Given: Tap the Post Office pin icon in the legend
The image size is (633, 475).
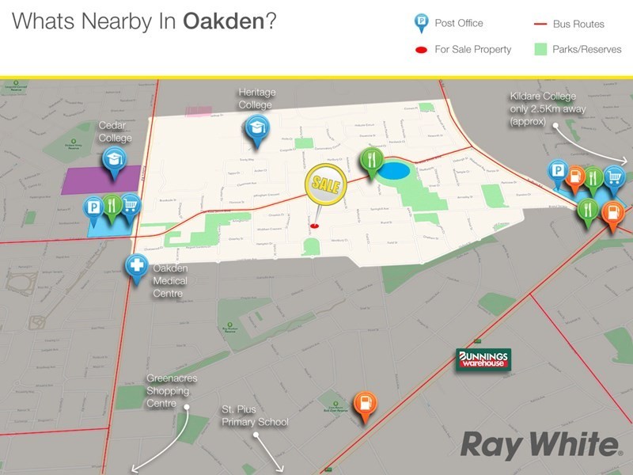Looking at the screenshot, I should click(x=420, y=25).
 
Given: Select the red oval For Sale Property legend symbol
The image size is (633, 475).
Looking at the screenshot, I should click(x=420, y=50).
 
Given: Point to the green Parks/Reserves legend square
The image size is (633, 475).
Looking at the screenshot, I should click(x=540, y=49).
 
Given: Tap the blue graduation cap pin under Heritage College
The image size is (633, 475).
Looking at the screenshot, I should click(x=256, y=128).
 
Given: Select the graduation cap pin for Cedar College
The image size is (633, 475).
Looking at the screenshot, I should click(x=113, y=161).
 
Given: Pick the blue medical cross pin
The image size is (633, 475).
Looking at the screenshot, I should click(x=137, y=266).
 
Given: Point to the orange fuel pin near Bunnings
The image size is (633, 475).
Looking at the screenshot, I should click(x=363, y=405).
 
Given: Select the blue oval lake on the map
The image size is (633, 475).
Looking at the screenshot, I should click(x=395, y=170).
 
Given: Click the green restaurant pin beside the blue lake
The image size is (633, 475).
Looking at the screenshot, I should click(x=370, y=161).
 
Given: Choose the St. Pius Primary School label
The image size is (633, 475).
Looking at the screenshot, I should click(x=255, y=416).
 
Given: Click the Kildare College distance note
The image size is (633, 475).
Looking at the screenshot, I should click(x=548, y=108).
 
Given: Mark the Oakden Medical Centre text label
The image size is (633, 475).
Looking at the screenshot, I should click(x=170, y=281).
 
